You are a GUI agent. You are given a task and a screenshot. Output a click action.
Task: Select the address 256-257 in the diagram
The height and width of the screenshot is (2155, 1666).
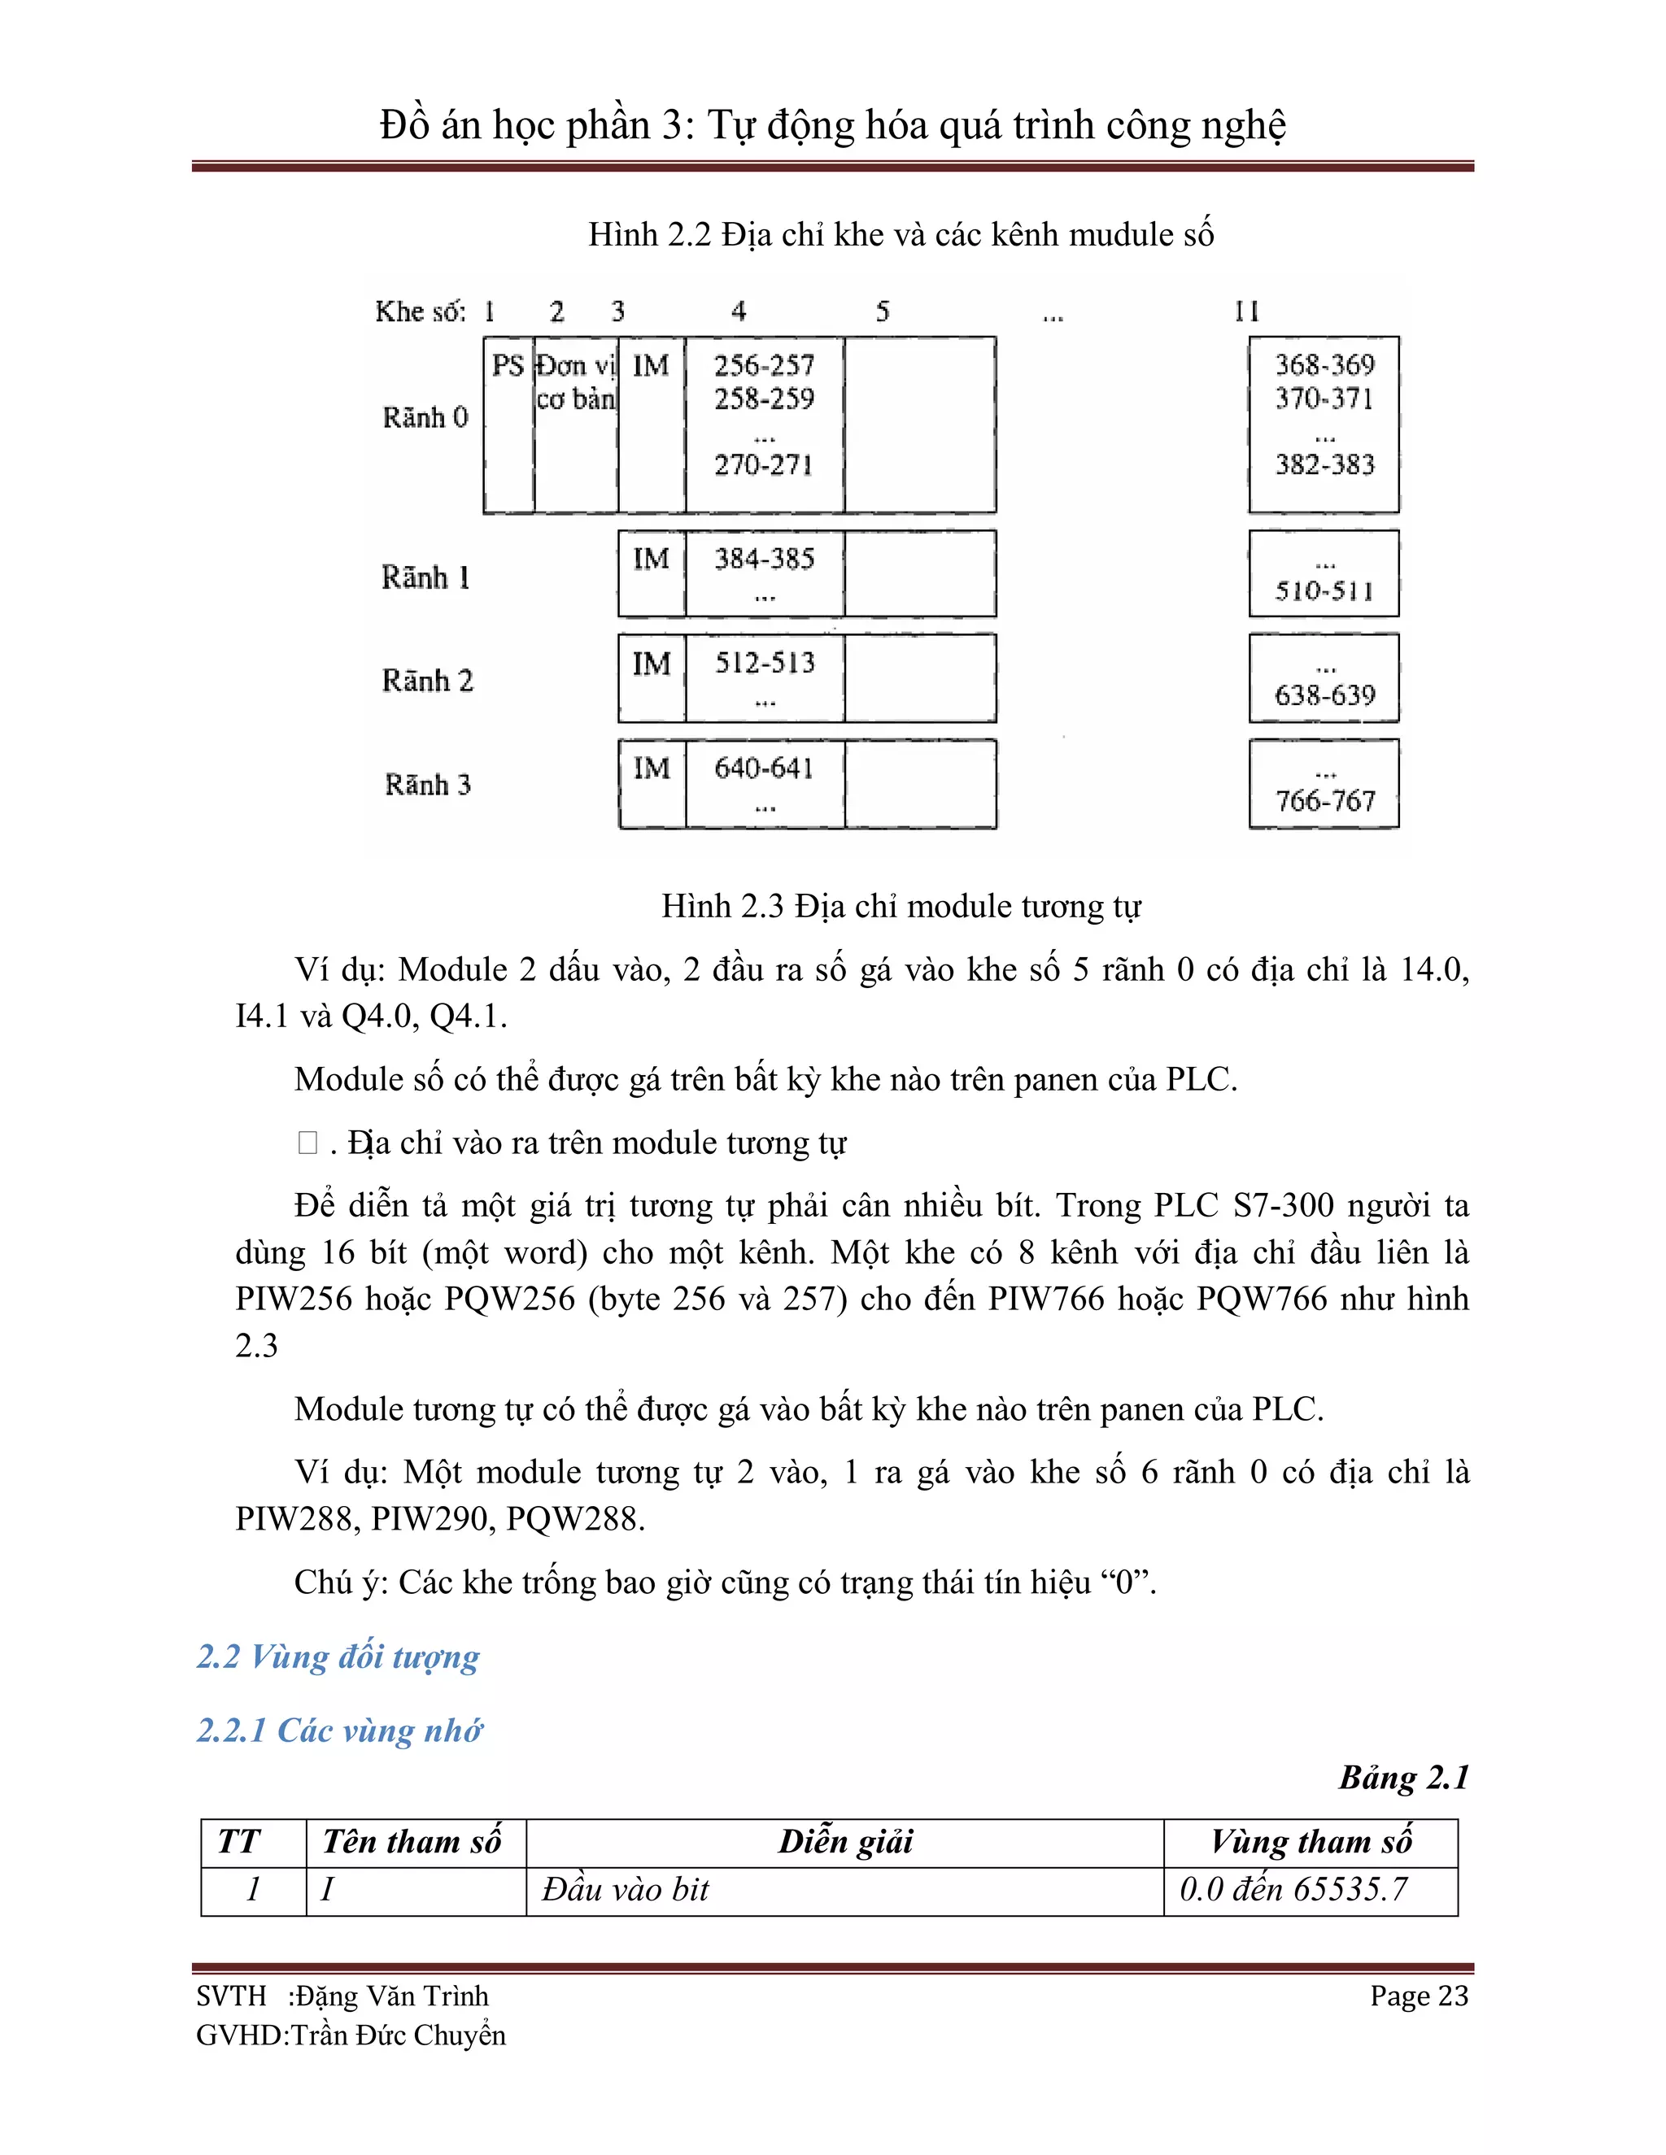(764, 366)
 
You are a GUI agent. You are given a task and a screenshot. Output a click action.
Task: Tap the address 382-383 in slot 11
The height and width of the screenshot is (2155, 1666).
(1324, 464)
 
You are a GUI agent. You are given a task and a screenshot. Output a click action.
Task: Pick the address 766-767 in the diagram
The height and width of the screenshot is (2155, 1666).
(1324, 800)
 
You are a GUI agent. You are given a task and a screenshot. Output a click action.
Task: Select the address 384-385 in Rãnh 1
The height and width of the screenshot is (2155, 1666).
(764, 559)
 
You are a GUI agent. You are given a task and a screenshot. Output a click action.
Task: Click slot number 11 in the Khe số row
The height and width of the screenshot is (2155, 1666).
(1246, 311)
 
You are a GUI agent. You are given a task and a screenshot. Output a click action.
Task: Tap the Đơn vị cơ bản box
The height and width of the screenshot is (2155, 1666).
(575, 383)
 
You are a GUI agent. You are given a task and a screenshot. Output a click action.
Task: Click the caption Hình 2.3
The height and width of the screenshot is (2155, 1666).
(901, 906)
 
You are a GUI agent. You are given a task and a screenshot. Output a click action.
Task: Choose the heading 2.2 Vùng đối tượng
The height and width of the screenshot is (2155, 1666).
(338, 1657)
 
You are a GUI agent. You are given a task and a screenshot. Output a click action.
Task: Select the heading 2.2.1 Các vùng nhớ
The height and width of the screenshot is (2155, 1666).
(339, 1731)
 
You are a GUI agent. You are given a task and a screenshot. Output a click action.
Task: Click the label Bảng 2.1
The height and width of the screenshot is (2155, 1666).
(1403, 1778)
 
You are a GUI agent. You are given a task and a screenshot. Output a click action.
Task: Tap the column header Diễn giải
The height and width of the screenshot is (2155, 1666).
(845, 1842)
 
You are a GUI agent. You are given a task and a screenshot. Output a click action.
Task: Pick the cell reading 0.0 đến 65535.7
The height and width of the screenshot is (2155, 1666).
(1293, 1890)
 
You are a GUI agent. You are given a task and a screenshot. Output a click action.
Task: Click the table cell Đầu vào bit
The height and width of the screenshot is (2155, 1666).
(625, 1890)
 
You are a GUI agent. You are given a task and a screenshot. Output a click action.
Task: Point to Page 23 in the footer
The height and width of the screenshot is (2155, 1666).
(1418, 1996)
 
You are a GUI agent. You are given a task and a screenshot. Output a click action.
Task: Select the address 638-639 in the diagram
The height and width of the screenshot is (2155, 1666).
(1324, 695)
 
